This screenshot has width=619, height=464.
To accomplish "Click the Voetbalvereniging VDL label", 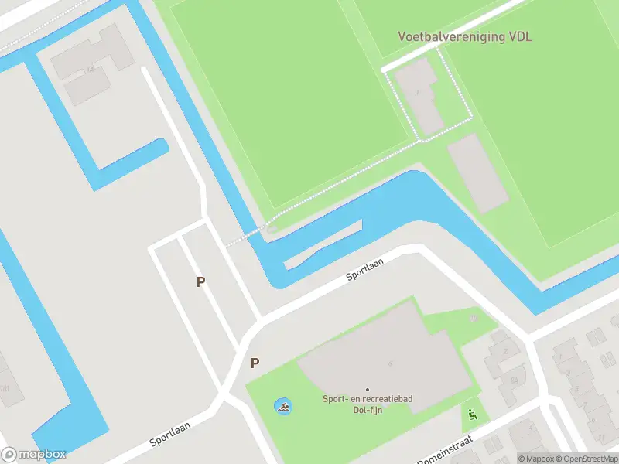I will pos(465,36).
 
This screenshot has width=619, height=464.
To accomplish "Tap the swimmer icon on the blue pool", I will pos(284,407).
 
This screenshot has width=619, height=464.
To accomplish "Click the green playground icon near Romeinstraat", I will pos(472,414).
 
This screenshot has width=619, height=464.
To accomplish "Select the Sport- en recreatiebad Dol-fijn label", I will pos(368,404).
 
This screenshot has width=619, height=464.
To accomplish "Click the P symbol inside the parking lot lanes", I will pos(201,282).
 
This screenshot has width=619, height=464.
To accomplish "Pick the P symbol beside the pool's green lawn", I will pos(255,363).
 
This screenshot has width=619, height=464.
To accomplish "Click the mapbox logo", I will pos(32,454).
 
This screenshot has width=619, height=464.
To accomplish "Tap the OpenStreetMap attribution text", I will pos(587,459).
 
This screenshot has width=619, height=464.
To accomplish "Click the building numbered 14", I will pos(90,70).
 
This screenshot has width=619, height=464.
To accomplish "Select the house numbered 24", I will pos(513,380).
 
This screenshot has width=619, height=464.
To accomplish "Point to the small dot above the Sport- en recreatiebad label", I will pos(368,389).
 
